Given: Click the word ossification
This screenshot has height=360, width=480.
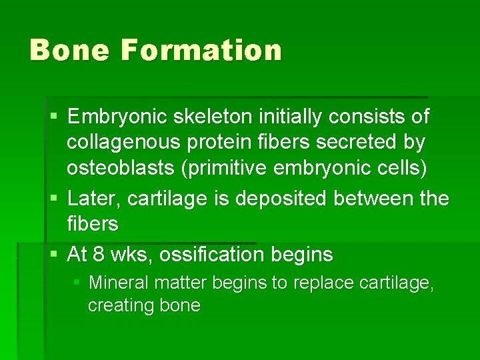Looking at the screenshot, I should click(217, 255).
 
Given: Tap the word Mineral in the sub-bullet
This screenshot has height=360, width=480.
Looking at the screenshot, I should click(119, 283).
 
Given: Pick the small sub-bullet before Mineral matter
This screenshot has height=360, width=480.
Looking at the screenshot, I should click(77, 283).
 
